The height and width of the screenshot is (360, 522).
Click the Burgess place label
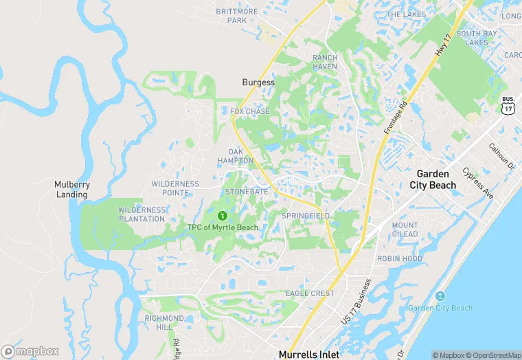tap(258, 82)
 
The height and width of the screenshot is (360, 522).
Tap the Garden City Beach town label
tap(433, 179)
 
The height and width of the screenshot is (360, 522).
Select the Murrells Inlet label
tap(308, 354)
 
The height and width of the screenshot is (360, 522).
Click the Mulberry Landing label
tap(71, 189)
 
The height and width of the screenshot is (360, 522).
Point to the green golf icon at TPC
tap(223, 215)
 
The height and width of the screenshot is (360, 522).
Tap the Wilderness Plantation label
tap(141, 214)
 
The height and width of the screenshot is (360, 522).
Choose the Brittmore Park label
tap(236, 16)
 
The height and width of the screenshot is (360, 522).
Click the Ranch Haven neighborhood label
tap(325, 62)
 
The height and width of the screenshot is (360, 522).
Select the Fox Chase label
tap(250, 111)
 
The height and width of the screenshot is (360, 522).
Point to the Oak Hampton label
tap(240, 156)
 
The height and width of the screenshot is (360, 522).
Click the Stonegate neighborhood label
tap(247, 192)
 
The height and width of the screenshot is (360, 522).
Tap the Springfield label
tap(306, 216)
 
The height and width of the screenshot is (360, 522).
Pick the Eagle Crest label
tap(310, 293)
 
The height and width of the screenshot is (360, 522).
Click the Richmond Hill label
tap(163, 323)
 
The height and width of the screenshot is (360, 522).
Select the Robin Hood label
tap(400, 259)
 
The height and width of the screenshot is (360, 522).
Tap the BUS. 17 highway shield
tap(509, 104)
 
